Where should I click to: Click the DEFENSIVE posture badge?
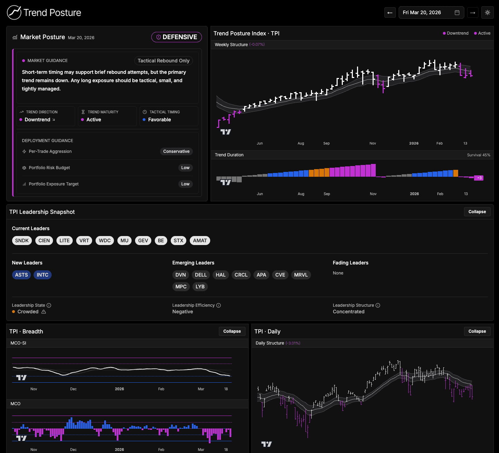(177, 37)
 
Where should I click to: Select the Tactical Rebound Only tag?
(163, 61)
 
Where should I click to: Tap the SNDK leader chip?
(22, 241)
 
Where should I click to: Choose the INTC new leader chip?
(43, 275)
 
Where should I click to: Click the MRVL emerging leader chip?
(301, 275)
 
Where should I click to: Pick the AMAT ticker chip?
(200, 241)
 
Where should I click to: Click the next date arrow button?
(473, 13)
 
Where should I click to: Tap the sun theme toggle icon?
(488, 13)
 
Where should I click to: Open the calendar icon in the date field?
(457, 13)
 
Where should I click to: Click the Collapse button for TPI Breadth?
(232, 331)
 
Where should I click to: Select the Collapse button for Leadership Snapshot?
(477, 212)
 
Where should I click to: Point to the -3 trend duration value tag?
(479, 178)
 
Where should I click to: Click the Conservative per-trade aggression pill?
(176, 151)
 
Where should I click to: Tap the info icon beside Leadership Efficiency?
(219, 305)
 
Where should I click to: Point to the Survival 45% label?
(479, 155)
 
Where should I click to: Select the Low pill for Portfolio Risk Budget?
(185, 168)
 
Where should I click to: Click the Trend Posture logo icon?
(14, 12)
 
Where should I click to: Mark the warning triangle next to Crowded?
(44, 312)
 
